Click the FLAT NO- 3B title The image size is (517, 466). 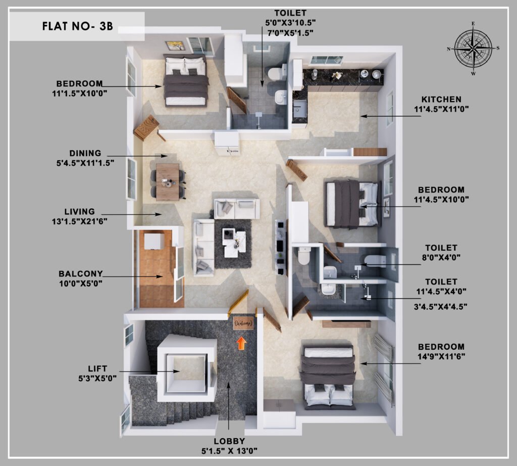tap(77, 26)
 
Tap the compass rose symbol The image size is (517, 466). tap(473, 49)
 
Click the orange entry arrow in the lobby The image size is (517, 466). tap(241, 343)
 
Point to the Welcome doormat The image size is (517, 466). tap(244, 323)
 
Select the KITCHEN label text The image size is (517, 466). tap(441, 100)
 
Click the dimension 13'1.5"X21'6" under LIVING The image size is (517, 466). tap(79, 221)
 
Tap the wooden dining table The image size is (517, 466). tap(168, 182)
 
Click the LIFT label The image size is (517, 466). tap(97, 368)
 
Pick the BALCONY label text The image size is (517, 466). tap(80, 273)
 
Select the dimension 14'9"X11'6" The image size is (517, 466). tap(441, 356)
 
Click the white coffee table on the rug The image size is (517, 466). tap(234, 243)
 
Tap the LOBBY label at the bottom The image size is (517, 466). tap(229, 441)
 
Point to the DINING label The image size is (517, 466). tap(85, 153)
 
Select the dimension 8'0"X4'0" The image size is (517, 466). tap(441, 257)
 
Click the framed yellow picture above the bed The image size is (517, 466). tap(175, 45)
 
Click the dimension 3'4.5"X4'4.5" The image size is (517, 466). tap(440, 307)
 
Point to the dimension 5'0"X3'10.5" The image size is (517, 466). tap(290, 22)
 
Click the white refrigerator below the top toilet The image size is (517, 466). tap(227, 143)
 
